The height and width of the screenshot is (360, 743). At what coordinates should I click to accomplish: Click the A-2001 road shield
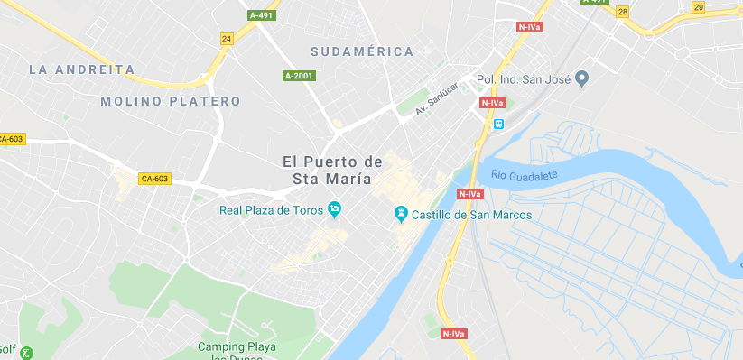point(299,76)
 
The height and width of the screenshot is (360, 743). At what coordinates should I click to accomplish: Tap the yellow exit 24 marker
point(227,39)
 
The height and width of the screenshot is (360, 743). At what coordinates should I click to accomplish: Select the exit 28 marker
point(623,12)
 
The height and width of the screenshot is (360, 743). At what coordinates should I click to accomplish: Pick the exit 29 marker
point(698,7)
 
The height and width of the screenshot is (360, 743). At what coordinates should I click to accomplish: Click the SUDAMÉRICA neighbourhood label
point(361,51)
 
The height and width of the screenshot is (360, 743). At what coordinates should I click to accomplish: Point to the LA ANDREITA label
point(81,69)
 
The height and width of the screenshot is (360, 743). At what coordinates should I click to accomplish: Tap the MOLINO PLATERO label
point(171,101)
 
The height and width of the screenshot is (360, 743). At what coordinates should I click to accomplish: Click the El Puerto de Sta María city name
point(332,170)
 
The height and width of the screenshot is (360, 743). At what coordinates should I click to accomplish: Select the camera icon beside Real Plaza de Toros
point(334,210)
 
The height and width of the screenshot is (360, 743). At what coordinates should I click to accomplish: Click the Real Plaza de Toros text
point(272,210)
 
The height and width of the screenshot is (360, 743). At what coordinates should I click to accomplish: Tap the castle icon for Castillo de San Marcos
point(401,215)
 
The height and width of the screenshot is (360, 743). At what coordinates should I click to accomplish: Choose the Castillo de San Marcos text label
point(471,215)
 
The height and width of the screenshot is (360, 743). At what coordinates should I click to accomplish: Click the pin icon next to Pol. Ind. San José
point(582,79)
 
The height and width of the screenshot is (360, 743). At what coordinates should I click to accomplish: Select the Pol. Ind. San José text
point(526,79)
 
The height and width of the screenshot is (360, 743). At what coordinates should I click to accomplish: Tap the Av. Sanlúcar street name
point(437,99)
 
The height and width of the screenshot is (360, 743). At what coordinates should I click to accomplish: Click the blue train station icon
point(498,124)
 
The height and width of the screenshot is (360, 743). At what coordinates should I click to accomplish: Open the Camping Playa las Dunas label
point(237,351)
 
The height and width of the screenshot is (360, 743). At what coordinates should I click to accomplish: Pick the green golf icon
point(27,353)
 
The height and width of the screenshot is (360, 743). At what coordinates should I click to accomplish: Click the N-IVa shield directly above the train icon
point(492,103)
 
